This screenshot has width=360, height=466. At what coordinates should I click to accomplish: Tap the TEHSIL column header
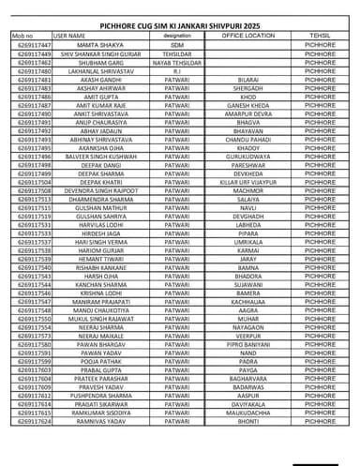pyautogui.click(x=320, y=35)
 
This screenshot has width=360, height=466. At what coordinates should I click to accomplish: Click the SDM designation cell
pyautogui.click(x=177, y=45)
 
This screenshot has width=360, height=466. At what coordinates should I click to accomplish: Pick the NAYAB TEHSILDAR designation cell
pyautogui.click(x=177, y=63)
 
